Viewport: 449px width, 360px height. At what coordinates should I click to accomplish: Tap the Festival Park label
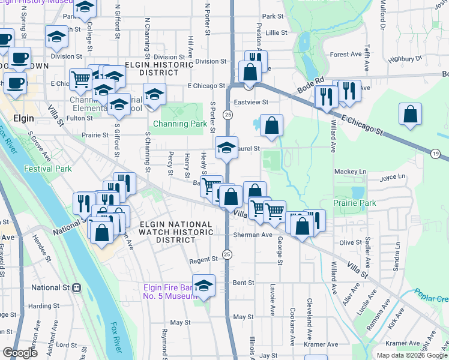coord(47,169)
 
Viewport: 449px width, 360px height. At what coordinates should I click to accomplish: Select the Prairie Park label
coord(355,203)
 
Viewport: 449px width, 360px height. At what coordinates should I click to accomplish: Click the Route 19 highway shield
coord(435,154)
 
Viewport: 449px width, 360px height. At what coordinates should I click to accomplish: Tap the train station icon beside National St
coord(76,287)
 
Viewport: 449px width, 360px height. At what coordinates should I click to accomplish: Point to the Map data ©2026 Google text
coord(411,355)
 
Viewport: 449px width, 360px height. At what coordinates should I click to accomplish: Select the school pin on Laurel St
coord(226,148)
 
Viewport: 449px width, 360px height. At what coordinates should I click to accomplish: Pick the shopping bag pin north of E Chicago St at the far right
coord(410,114)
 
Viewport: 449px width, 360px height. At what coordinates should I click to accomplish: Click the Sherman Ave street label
coord(253,235)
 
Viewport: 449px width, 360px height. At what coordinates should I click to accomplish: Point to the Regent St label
coord(202,259)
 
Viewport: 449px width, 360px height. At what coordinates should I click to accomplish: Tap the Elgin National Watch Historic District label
coord(175,232)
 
